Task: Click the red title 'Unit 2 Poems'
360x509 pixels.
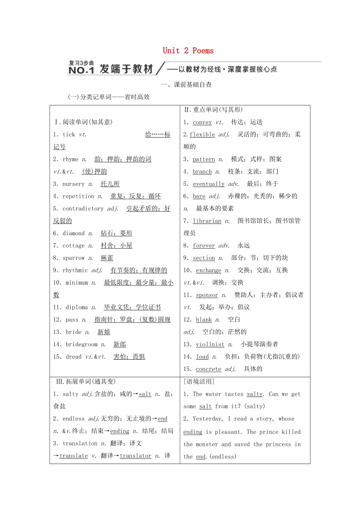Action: [x=188, y=51]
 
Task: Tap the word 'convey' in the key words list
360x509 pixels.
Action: [x=202, y=122]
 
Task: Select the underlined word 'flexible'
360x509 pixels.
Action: [x=202, y=134]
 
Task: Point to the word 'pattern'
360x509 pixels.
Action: [x=203, y=159]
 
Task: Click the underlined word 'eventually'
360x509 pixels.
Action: [x=208, y=184]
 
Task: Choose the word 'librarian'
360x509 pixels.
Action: [x=207, y=221]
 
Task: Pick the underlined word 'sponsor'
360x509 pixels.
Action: [x=207, y=295]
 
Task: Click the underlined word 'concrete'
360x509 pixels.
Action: [x=208, y=369]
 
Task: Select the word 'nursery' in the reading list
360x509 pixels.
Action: [x=73, y=184]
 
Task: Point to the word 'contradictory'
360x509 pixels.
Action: [x=83, y=209]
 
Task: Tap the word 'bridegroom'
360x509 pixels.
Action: [x=81, y=344]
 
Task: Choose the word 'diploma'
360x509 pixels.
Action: [x=76, y=308]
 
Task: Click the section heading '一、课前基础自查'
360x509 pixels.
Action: [x=186, y=84]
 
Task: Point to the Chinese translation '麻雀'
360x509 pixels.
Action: [x=107, y=258]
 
